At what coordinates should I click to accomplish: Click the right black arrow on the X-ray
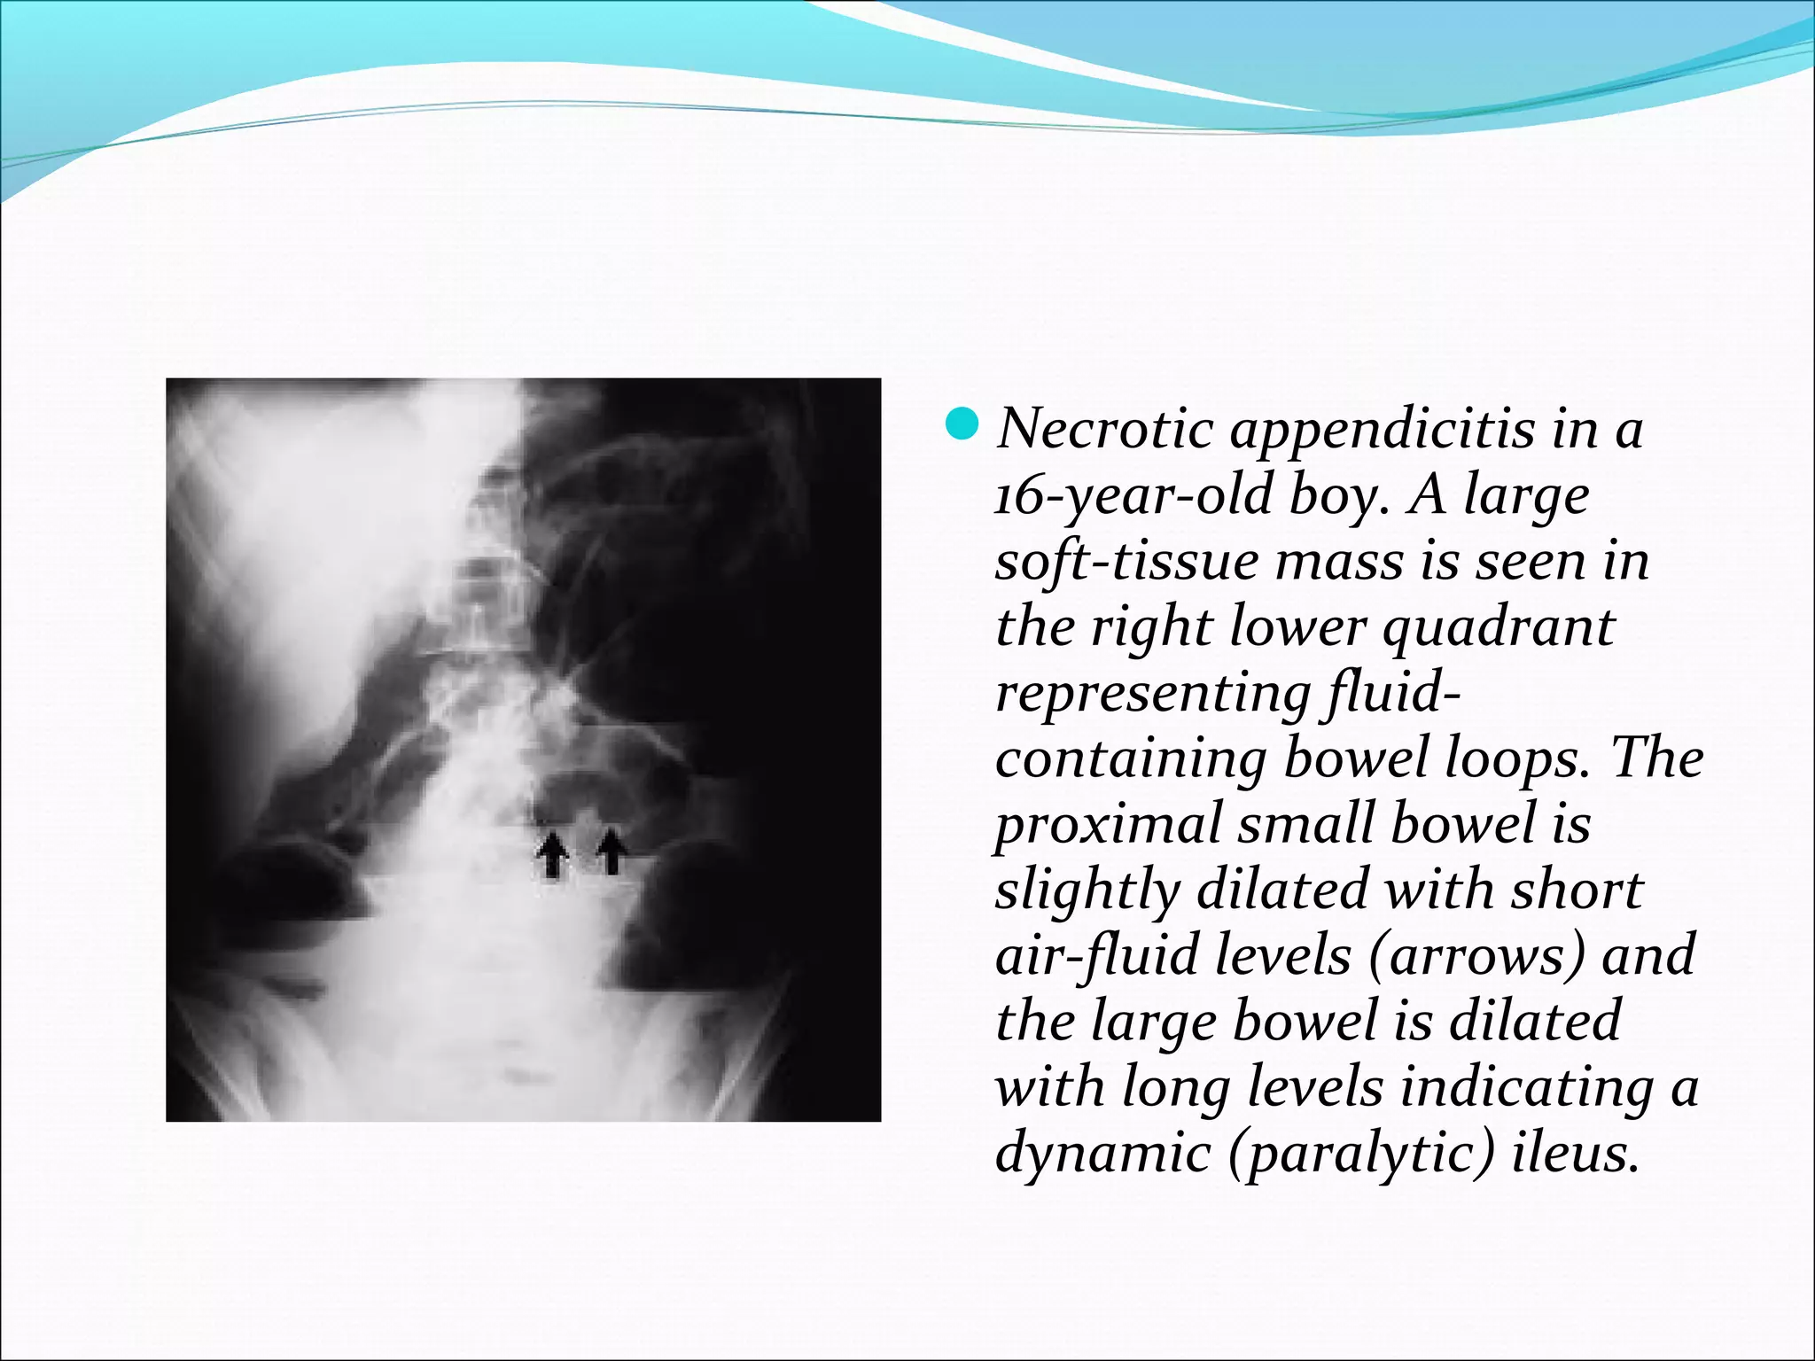[x=611, y=851]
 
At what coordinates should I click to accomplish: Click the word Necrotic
[x=1105, y=429]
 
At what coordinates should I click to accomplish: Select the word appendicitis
[x=1383, y=431]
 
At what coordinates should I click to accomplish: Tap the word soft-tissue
[x=1126, y=561]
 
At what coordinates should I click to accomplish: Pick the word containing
[x=1130, y=758]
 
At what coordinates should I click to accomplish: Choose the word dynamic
[x=1104, y=1153]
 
